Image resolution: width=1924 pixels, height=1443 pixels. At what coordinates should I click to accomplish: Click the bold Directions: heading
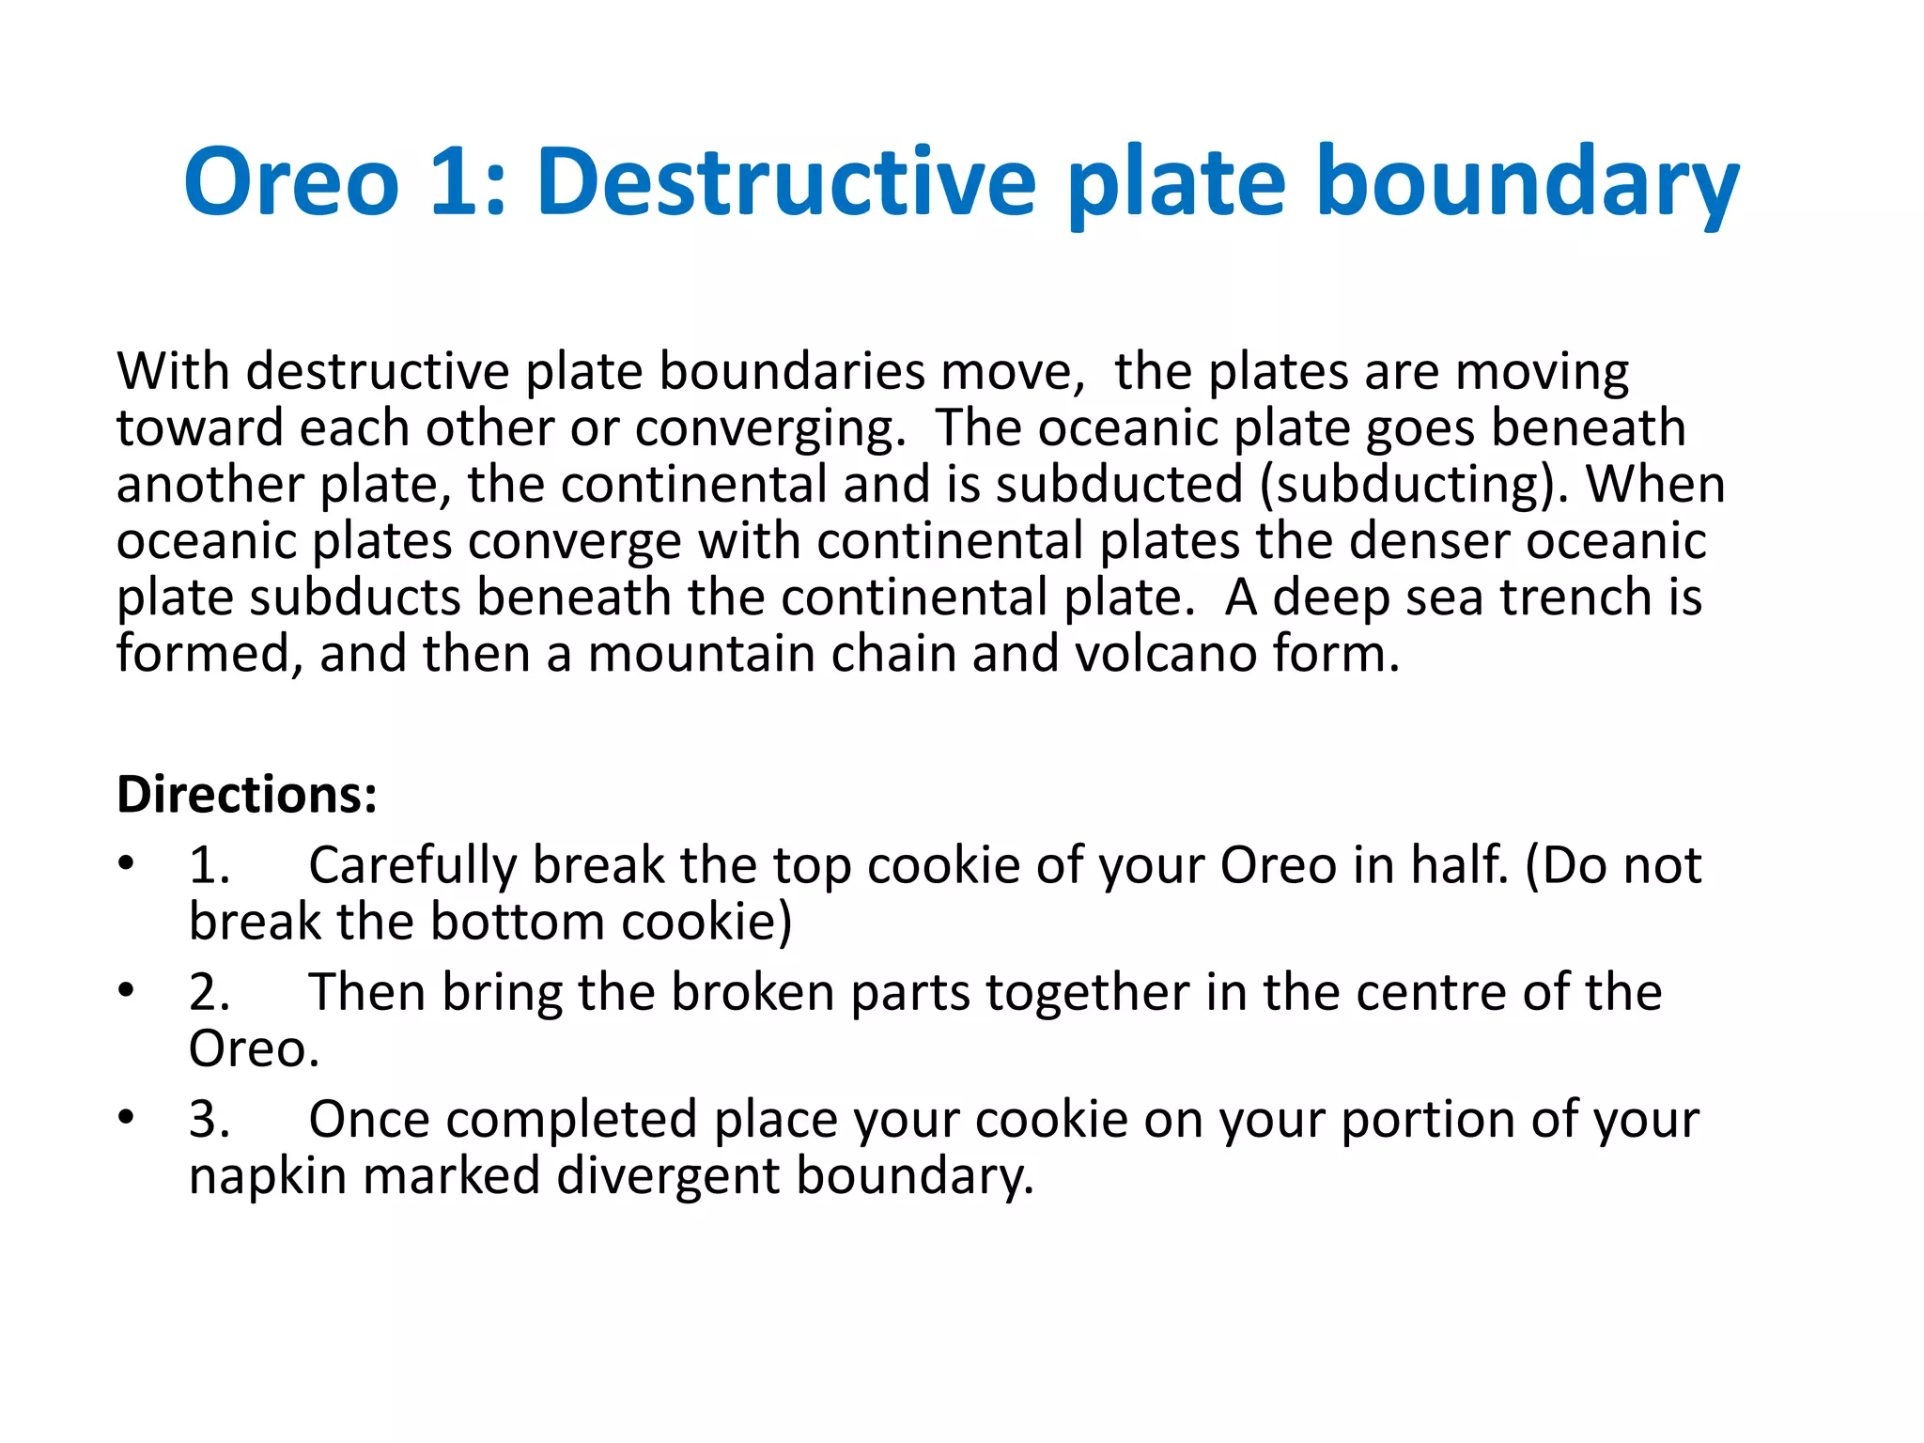pos(246,795)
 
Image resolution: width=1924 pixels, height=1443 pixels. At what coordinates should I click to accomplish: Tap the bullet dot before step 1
pos(127,862)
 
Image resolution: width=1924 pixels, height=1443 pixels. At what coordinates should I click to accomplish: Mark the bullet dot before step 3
pos(127,1117)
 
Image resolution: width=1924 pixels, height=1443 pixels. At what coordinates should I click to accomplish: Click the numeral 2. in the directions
pos(209,992)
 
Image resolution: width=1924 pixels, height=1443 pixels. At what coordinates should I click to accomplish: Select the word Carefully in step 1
pos(412,865)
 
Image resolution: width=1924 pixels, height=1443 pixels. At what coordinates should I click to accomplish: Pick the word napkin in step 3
pos(268,1176)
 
